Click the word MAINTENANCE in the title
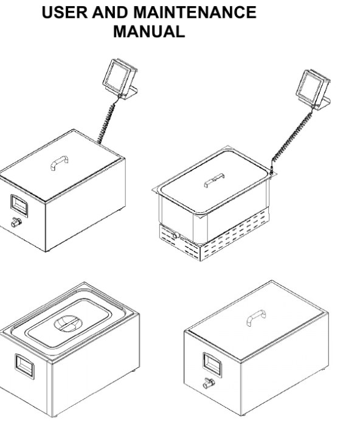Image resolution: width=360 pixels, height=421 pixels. (x=195, y=12)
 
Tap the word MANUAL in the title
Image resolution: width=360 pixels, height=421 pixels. (x=149, y=32)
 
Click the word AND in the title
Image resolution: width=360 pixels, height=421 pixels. (x=110, y=12)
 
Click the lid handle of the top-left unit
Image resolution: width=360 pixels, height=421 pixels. (x=60, y=162)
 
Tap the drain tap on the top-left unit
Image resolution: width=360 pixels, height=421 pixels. (x=16, y=222)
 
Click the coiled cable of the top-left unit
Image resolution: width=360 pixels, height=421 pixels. (x=108, y=121)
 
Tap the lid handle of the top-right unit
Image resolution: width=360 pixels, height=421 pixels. (x=214, y=180)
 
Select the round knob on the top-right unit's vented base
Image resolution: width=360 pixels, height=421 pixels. (x=176, y=235)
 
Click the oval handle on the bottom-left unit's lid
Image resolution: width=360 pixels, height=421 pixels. (x=68, y=323)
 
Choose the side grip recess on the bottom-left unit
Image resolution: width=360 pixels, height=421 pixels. (x=24, y=366)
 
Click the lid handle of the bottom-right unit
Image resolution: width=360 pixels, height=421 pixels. (x=256, y=318)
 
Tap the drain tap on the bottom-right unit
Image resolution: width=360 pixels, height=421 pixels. (x=209, y=383)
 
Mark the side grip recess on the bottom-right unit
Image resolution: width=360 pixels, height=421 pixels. (x=213, y=364)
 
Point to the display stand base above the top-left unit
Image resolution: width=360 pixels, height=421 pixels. (x=130, y=92)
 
